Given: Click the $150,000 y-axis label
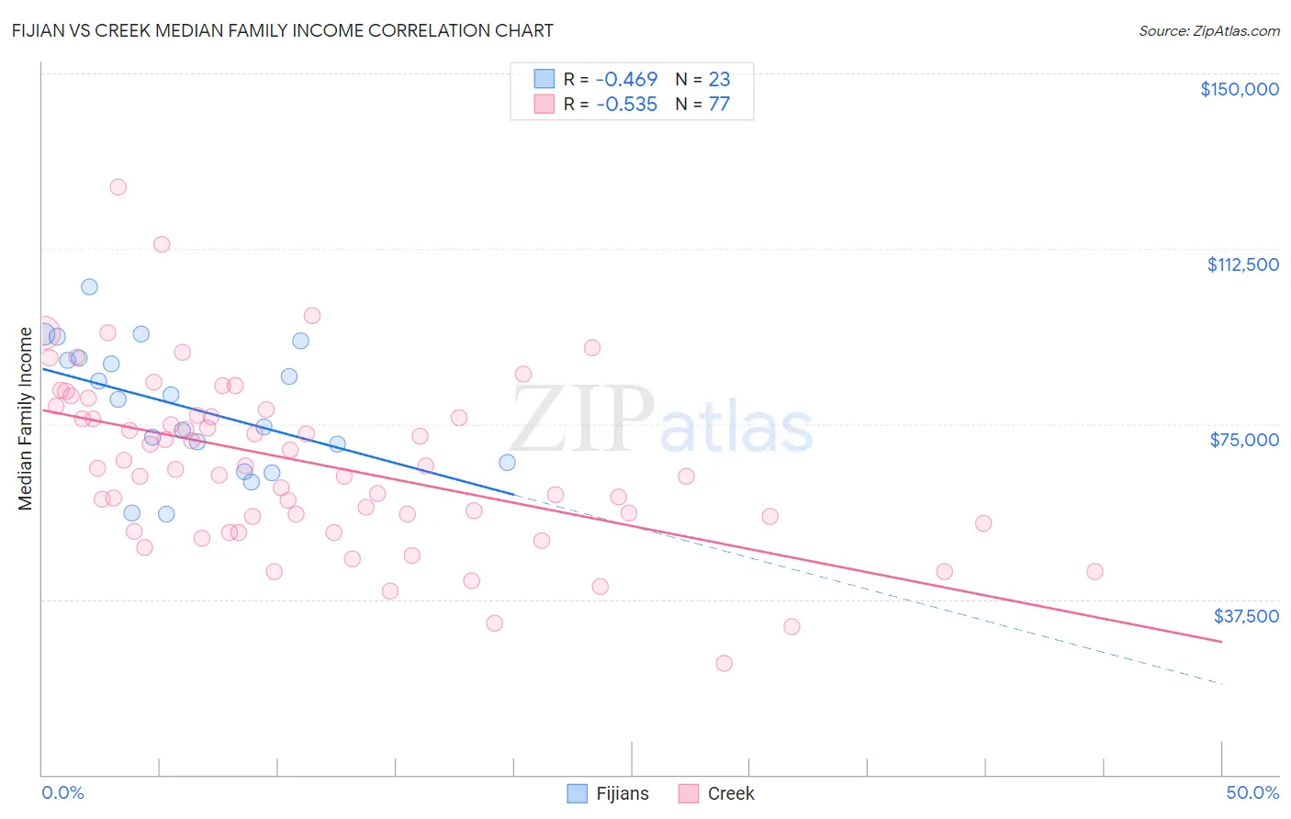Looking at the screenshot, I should click(1239, 89).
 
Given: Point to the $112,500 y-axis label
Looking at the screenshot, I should click(1242, 264).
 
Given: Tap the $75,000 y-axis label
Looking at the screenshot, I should click(1244, 440).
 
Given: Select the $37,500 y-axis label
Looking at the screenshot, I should click(1246, 616).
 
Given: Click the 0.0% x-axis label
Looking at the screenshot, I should click(62, 792).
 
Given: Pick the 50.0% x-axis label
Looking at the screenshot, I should click(1252, 792).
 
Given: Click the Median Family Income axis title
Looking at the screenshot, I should click(26, 418).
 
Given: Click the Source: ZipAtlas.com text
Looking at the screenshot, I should click(1208, 31).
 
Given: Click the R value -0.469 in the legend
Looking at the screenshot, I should click(626, 80).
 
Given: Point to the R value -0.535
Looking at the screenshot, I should click(626, 105).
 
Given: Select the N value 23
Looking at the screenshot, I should click(719, 80).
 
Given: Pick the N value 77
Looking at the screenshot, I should click(719, 105).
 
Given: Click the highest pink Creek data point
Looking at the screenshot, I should click(118, 187).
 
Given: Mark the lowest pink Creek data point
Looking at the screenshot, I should click(724, 663).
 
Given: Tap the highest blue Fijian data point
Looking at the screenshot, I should click(89, 286).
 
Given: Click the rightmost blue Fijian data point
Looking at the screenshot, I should click(507, 462).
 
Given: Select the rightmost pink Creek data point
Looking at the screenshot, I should click(1094, 571).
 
